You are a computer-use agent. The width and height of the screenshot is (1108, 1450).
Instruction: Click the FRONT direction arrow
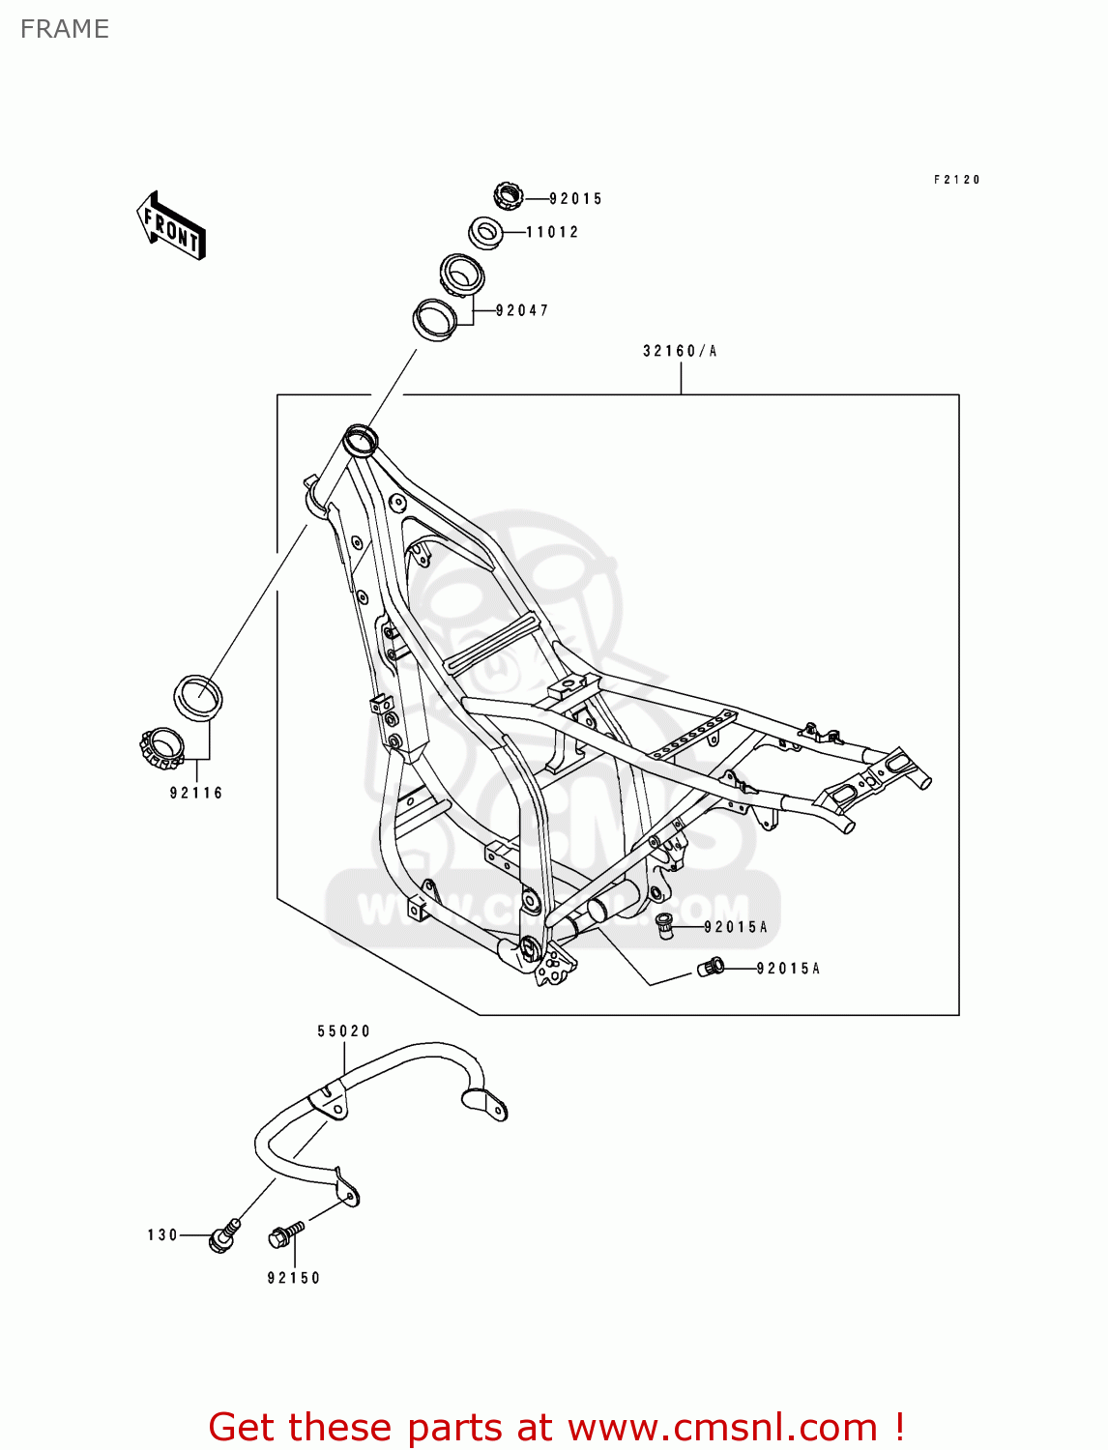tap(170, 225)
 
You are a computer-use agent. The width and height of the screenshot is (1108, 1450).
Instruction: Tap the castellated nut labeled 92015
tap(508, 196)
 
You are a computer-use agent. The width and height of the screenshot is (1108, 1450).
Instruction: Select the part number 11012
tap(552, 232)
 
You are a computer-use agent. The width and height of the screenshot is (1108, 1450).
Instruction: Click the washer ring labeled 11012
tap(485, 232)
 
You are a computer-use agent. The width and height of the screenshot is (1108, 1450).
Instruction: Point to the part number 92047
tap(522, 310)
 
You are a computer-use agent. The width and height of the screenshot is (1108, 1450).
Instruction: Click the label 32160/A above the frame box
tap(680, 351)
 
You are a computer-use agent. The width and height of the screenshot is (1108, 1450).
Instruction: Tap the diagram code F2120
tap(956, 180)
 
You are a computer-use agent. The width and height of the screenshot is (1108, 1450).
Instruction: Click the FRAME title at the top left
tap(65, 29)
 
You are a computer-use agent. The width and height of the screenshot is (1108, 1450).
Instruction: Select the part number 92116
tap(196, 793)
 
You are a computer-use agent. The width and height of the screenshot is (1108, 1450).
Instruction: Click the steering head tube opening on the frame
tap(361, 440)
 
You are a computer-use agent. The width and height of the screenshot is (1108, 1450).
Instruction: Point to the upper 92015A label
tap(735, 927)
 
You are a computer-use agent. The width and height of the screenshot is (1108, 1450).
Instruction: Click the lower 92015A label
tap(787, 969)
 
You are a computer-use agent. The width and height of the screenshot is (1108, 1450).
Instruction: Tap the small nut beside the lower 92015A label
tap(711, 967)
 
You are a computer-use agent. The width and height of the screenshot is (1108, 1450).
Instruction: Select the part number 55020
tap(343, 1031)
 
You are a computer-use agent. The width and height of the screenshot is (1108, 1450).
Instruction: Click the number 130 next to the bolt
tap(162, 1235)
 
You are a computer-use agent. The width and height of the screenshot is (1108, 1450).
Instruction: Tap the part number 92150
tap(293, 1278)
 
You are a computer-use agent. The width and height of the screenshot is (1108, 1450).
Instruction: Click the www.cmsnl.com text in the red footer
tap(721, 1428)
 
